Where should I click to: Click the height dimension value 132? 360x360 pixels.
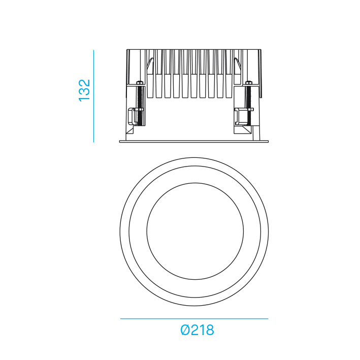coord(84,90)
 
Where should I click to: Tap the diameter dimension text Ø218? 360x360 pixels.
coord(197,330)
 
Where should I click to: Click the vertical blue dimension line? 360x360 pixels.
coord(93,96)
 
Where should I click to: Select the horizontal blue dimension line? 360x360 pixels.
coord(194,319)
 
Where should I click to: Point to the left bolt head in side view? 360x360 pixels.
coord(139,82)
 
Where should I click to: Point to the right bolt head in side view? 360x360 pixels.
coord(248,82)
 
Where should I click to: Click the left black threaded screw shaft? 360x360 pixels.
coord(139,105)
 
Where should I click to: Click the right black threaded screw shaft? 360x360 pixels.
coord(248,105)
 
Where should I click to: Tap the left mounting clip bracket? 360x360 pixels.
coord(132,116)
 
